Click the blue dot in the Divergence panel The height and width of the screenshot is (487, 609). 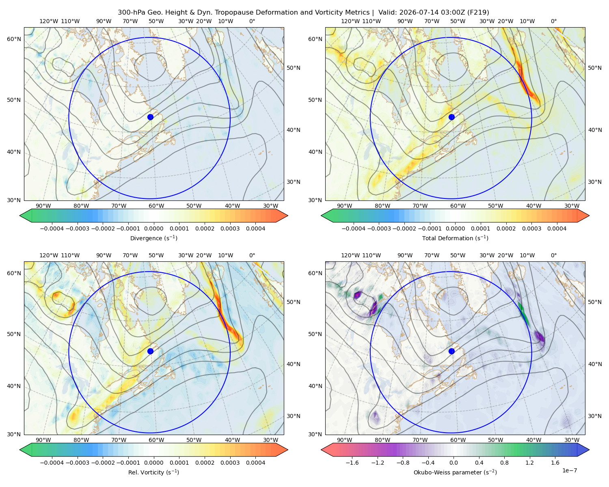150,117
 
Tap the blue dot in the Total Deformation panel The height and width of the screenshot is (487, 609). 451,117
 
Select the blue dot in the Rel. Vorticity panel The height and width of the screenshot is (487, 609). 150,351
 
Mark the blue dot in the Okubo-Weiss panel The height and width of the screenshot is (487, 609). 451,351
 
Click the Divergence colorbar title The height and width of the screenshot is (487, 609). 153,238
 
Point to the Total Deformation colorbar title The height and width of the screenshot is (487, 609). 455,238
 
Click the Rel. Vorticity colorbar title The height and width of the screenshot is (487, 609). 153,472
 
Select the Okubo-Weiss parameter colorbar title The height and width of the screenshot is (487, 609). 455,472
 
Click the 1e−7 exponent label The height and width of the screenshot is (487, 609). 569,470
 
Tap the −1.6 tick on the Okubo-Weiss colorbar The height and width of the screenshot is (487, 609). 352,463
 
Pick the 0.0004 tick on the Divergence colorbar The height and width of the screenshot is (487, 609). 255,228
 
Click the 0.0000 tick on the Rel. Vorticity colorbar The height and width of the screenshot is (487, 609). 153,463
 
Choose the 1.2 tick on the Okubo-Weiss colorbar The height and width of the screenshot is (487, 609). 530,463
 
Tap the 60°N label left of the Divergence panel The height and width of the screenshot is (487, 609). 14,39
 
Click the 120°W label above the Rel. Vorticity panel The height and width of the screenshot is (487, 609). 49,255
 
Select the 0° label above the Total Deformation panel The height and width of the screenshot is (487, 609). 554,21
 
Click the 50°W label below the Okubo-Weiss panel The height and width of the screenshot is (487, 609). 495,440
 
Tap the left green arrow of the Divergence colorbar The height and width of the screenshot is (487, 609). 26,215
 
